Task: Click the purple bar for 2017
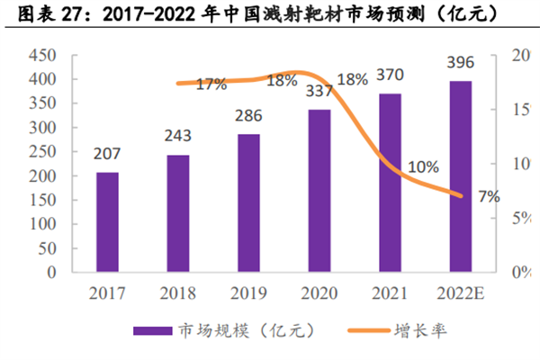click(108, 221)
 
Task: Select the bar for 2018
click(178, 213)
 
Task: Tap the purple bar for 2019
click(249, 202)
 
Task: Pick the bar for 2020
click(319, 191)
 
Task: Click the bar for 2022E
click(460, 176)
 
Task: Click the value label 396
click(460, 63)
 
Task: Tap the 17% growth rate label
click(211, 85)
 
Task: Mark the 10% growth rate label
click(422, 166)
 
